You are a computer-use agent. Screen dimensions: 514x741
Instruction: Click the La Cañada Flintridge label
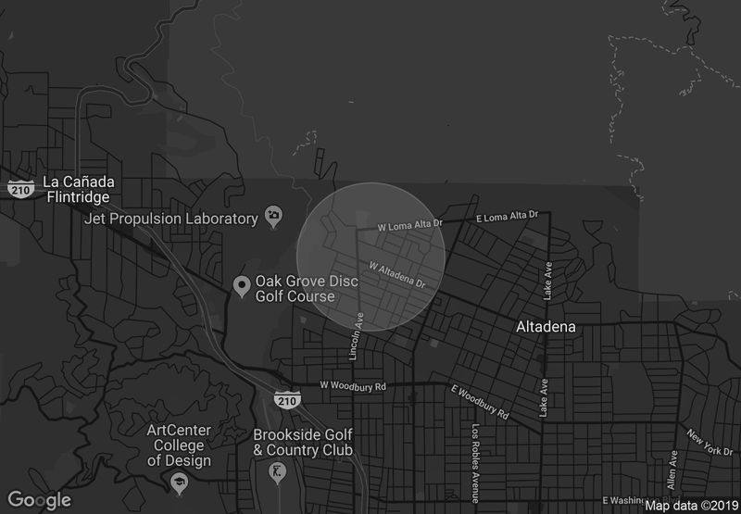coord(76,189)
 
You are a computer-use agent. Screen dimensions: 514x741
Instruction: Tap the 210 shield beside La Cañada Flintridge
coord(19,188)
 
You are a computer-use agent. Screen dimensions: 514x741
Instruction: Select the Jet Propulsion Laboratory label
coord(170,219)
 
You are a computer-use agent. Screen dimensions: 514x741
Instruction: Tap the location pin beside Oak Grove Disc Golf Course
coord(241,286)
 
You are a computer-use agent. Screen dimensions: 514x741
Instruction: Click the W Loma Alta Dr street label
coord(411,225)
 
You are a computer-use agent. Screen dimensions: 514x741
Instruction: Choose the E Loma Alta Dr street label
coord(506,217)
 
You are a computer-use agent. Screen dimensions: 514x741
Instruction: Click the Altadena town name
coord(546,327)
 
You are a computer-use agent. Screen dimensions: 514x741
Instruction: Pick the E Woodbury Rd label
coord(480,401)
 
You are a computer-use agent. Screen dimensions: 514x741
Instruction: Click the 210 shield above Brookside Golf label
coord(285,400)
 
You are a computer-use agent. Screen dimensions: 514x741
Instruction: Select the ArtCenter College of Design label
coord(179,445)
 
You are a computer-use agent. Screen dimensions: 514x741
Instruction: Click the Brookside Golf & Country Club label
coord(303,442)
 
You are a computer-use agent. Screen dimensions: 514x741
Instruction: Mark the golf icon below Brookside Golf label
coord(274,473)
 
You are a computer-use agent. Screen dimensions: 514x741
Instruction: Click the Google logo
coord(39,500)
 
